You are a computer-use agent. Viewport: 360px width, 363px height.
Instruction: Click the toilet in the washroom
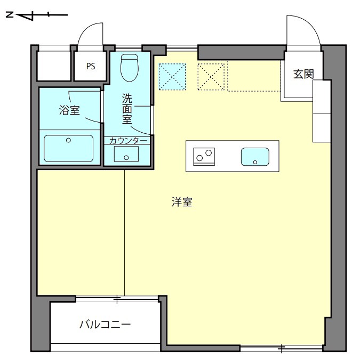[x=130, y=68]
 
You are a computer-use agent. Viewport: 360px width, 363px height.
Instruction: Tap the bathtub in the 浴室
[x=69, y=148]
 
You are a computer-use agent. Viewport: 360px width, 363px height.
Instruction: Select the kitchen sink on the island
[x=255, y=157]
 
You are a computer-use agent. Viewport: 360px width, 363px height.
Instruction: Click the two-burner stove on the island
[x=204, y=157]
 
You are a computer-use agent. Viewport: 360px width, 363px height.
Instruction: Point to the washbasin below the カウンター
[x=126, y=154]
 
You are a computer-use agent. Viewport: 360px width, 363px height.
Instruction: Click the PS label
[x=91, y=67]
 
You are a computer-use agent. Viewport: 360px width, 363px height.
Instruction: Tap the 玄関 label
[x=303, y=74]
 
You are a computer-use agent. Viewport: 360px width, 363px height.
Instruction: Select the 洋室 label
[x=182, y=202]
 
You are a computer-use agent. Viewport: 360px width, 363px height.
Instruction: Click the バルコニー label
[x=105, y=325]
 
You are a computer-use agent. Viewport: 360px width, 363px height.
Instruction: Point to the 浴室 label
[x=69, y=110]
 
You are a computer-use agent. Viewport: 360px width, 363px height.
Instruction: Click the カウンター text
[x=128, y=141]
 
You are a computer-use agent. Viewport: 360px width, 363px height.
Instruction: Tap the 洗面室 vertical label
[x=127, y=108]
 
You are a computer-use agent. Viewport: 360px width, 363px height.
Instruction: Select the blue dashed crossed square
[x=172, y=77]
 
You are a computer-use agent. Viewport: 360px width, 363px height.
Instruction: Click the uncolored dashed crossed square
[x=211, y=77]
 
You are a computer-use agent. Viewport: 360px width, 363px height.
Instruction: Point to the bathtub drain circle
[x=68, y=140]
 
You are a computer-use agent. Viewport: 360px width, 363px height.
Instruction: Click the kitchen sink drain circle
[x=255, y=162]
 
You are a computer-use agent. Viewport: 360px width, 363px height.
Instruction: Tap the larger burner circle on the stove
[x=209, y=153]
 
